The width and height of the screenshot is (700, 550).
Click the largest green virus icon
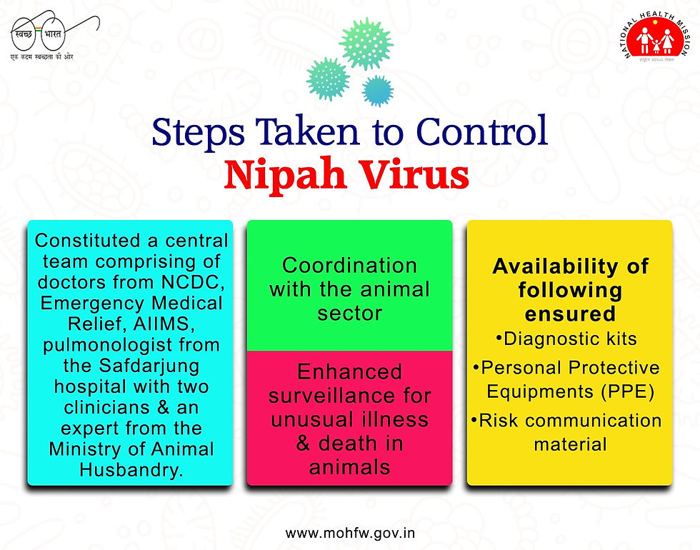(x=366, y=44)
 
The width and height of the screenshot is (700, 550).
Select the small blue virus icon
(x=378, y=91)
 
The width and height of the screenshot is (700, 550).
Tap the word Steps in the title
(x=198, y=133)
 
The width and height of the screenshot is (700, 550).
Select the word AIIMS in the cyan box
(x=164, y=324)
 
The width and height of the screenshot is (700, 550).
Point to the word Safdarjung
(x=149, y=366)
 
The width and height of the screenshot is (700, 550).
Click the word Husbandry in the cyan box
(x=131, y=470)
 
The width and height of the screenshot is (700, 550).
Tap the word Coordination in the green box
(x=349, y=265)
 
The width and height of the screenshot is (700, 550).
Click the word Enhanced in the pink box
(x=349, y=371)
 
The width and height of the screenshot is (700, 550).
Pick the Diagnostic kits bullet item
(x=566, y=339)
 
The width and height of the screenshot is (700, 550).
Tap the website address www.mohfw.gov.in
(x=351, y=533)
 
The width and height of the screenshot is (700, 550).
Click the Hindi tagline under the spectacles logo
(x=41, y=56)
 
